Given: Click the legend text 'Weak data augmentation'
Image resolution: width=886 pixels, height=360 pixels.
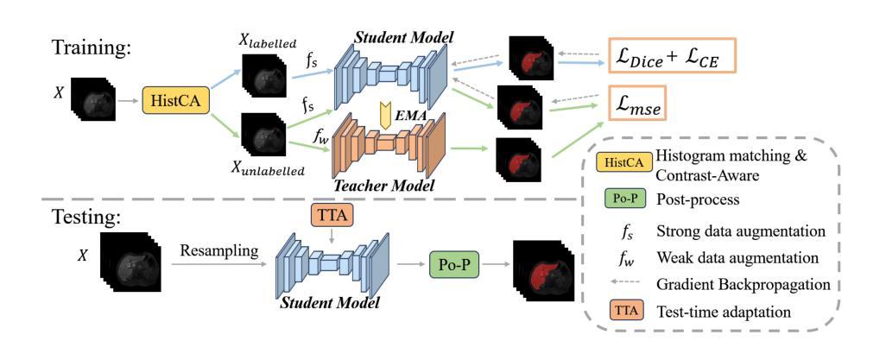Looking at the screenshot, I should click(750, 258).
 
